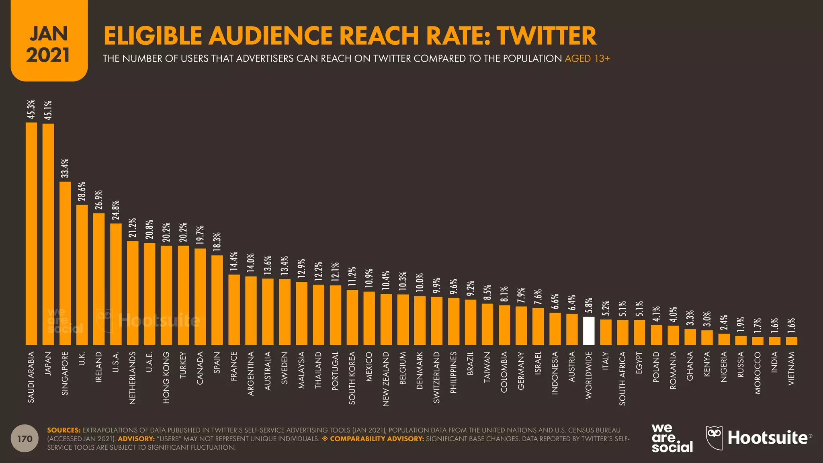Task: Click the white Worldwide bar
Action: pos(588,331)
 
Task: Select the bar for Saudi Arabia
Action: pos(31,233)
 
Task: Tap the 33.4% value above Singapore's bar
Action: pos(65,168)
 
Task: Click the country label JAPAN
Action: pos(48,364)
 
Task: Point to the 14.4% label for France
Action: pos(234,261)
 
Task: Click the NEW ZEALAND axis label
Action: pos(386,379)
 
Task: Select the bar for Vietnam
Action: pos(791,341)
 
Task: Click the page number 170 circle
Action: pos(25,438)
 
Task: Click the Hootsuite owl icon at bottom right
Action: pos(714,438)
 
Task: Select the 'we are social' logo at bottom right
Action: pos(672,438)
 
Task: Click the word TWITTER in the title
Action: pos(546,35)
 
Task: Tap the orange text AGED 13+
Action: pos(587,59)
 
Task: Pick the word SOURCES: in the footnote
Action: pos(63,430)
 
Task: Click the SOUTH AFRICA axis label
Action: pos(622,378)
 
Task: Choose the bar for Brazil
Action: pos(470,322)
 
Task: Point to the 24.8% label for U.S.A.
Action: pos(116,210)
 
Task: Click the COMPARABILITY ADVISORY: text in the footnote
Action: pos(377,438)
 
